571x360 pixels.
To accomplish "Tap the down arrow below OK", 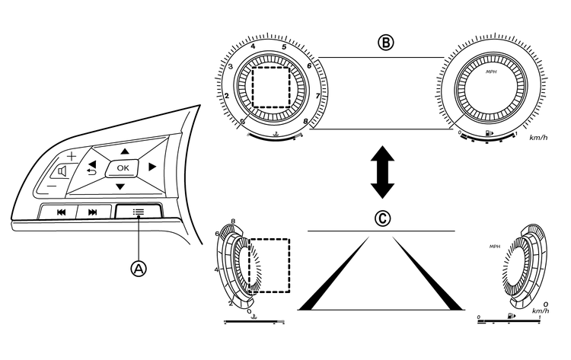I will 120,187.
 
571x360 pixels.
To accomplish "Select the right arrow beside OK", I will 152,167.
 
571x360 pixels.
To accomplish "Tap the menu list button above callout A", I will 139,212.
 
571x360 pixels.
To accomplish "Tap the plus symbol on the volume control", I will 72,155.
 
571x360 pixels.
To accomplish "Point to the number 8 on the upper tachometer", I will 305,121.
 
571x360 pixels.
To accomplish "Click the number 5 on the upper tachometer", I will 283,47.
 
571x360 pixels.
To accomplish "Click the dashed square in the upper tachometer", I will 273,86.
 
